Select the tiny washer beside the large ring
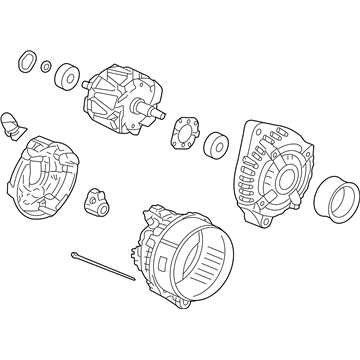pos(46,67)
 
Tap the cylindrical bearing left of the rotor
pos(69,76)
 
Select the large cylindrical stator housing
pos(185,264)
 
